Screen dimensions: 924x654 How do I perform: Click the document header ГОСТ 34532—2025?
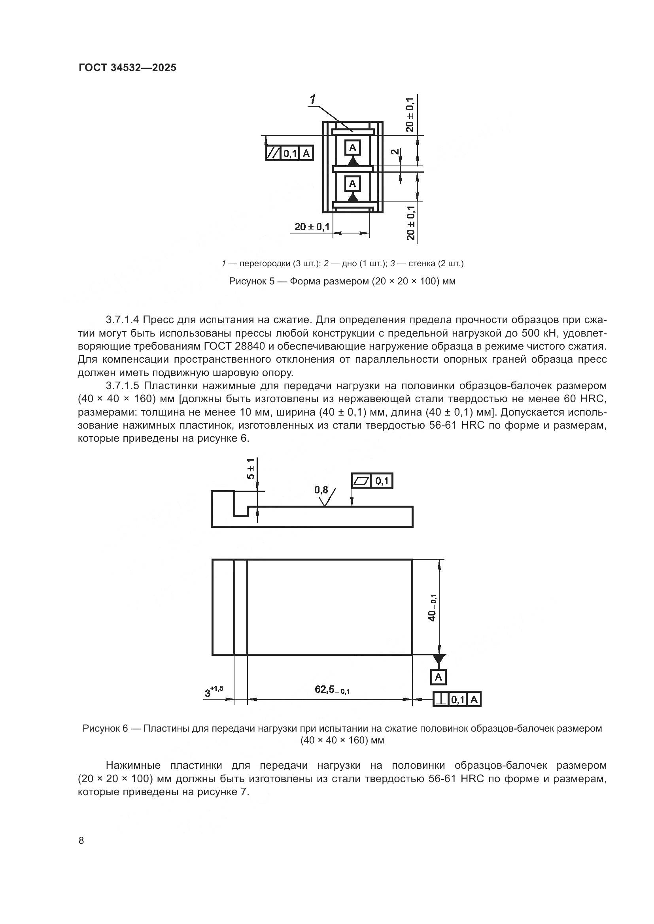[127, 68]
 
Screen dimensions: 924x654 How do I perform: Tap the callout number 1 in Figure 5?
[313, 99]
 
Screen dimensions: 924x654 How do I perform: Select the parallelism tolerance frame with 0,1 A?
[289, 153]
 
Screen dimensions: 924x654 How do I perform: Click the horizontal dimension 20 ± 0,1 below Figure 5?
[312, 227]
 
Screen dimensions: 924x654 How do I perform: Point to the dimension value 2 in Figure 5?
[395, 152]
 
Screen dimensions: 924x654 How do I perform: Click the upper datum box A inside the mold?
[353, 148]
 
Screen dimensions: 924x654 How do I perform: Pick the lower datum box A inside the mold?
[353, 184]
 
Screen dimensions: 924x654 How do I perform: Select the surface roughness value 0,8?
[321, 490]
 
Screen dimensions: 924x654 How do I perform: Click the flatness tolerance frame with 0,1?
[372, 480]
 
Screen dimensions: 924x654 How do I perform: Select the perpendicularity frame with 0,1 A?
[457, 700]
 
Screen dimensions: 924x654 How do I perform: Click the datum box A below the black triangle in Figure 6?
[438, 677]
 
